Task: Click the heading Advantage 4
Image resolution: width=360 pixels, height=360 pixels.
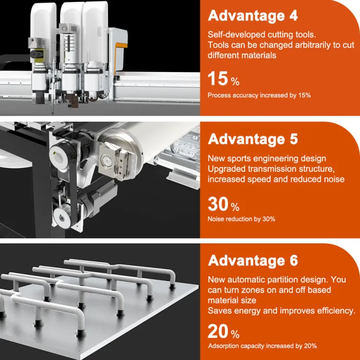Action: pyautogui.click(x=252, y=16)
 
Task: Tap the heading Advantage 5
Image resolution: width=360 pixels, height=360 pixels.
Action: pyautogui.click(x=252, y=139)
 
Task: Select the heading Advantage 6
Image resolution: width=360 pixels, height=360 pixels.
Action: pyautogui.click(x=252, y=261)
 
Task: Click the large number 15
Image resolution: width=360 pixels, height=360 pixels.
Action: pyautogui.click(x=217, y=79)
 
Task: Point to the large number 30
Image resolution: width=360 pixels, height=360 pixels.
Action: pyautogui.click(x=218, y=204)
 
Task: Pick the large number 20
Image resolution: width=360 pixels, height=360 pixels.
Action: pyautogui.click(x=218, y=331)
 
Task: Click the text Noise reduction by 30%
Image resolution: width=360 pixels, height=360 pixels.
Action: pyautogui.click(x=241, y=219)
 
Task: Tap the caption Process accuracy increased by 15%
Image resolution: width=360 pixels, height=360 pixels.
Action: pyautogui.click(x=259, y=96)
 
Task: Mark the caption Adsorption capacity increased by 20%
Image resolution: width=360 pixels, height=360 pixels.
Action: pyautogui.click(x=263, y=346)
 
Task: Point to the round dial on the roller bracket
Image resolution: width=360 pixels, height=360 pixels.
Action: pyautogui.click(x=106, y=159)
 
